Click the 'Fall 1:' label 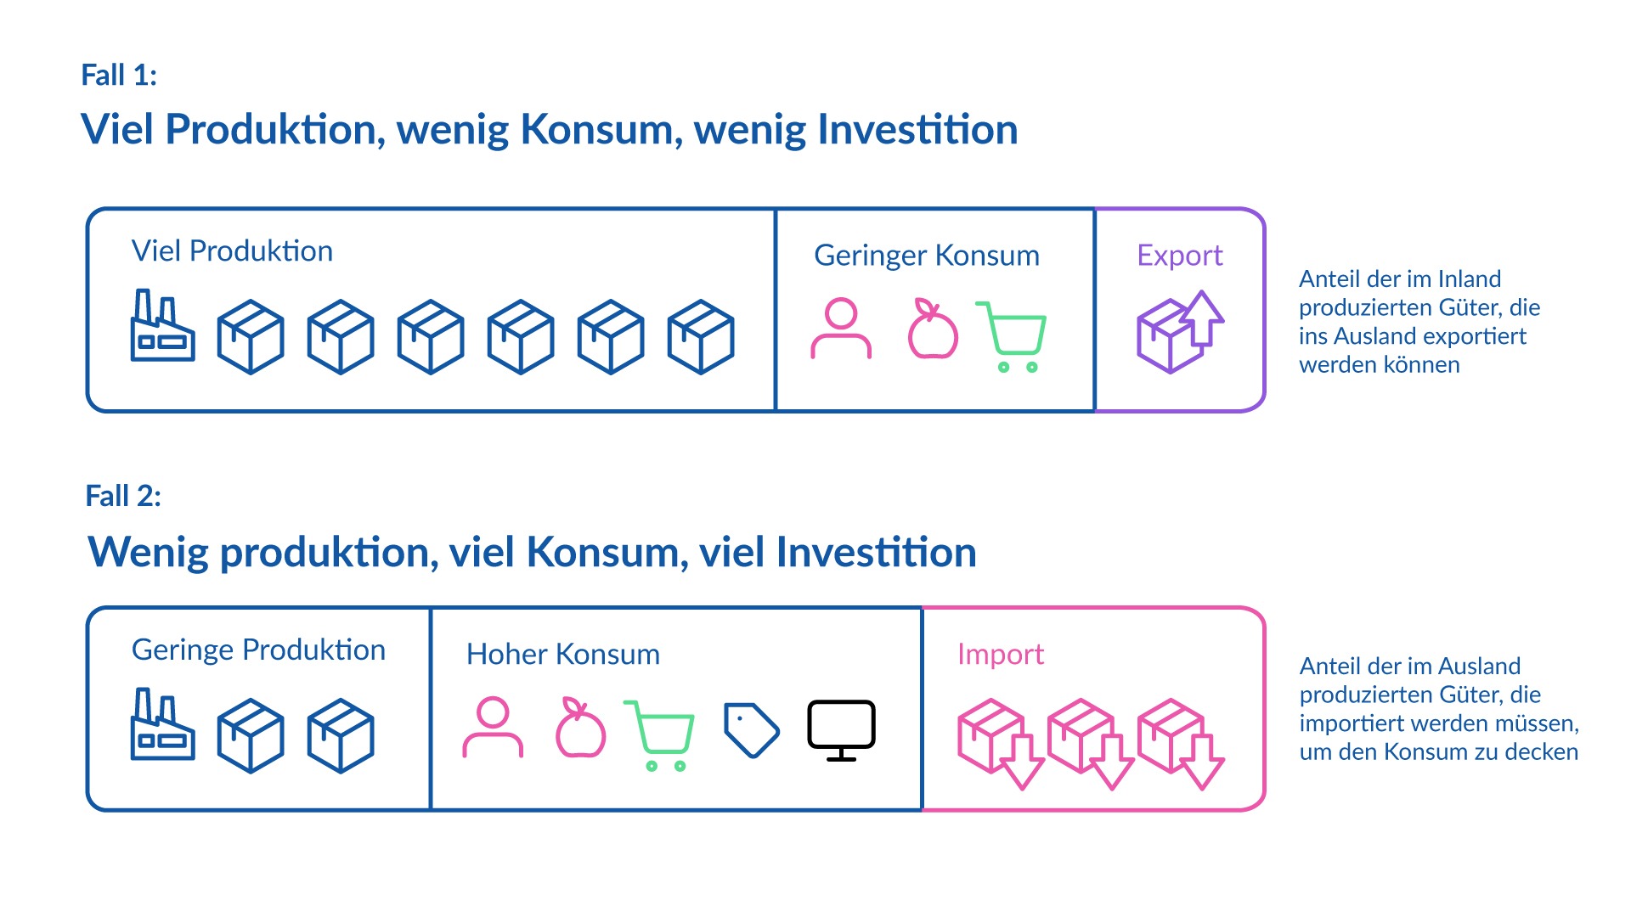pyautogui.click(x=119, y=76)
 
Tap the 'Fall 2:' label pyautogui.click(x=123, y=496)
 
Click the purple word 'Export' pyautogui.click(x=1179, y=256)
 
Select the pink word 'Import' pyautogui.click(x=1000, y=655)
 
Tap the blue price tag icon pyautogui.click(x=751, y=729)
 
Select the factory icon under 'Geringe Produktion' pyautogui.click(x=162, y=725)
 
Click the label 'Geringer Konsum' pyautogui.click(x=926, y=256)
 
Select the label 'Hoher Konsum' pyautogui.click(x=562, y=655)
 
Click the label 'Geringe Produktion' pyautogui.click(x=258, y=650)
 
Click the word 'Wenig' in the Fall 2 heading pyautogui.click(x=149, y=553)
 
